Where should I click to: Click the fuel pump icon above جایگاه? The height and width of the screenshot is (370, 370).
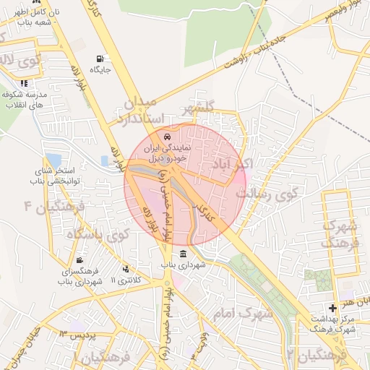click(98, 59)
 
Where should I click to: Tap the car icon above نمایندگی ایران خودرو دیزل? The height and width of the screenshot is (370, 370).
click(168, 137)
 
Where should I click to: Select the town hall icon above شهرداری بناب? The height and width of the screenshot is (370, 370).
click(183, 254)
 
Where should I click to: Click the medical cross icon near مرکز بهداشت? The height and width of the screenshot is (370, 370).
click(332, 308)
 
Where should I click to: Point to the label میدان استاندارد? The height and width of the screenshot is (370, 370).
click(145, 109)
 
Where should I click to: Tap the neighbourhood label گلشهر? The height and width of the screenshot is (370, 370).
click(199, 109)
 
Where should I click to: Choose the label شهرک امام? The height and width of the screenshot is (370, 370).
click(244, 314)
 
